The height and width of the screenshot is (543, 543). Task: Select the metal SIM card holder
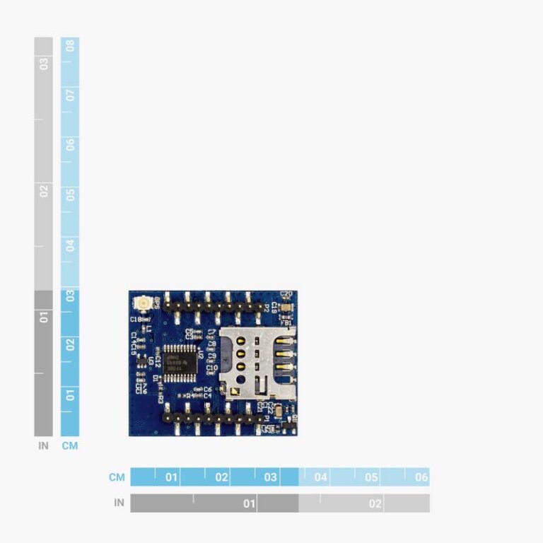(x=256, y=361)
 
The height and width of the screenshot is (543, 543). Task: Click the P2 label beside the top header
(x=266, y=308)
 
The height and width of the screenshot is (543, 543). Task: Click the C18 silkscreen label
(x=136, y=320)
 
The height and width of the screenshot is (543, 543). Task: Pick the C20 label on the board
(x=286, y=294)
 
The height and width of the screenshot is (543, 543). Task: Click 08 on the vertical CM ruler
(x=70, y=47)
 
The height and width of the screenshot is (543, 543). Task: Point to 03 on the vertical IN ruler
(x=44, y=64)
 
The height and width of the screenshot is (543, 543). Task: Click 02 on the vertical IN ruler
(x=44, y=191)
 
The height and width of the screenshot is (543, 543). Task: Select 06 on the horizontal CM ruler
(x=421, y=477)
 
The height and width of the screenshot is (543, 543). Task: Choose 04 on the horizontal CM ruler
(x=321, y=477)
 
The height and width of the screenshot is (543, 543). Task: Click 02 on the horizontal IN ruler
(x=375, y=503)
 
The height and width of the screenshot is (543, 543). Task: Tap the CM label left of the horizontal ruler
(x=117, y=477)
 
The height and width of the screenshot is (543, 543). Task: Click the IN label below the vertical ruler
(x=44, y=446)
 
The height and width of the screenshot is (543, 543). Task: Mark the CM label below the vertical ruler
(x=70, y=446)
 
